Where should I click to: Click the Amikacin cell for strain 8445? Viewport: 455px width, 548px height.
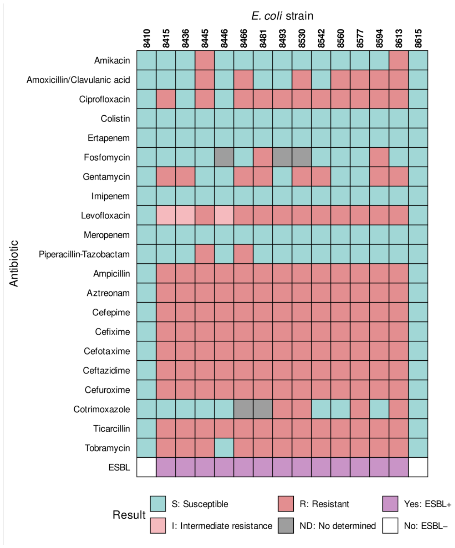(x=205, y=60)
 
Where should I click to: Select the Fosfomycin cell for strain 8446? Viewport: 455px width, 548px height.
(x=224, y=157)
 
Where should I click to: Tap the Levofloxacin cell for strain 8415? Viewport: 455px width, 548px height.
(x=166, y=215)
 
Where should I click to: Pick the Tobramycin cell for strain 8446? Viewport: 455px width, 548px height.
(x=224, y=448)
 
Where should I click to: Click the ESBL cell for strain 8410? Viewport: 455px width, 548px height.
(x=147, y=467)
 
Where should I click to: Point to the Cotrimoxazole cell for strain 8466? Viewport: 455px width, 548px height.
(x=244, y=409)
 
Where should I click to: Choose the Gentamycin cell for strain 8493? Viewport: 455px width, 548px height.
(x=283, y=177)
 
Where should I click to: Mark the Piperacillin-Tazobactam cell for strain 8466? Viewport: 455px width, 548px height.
(x=244, y=254)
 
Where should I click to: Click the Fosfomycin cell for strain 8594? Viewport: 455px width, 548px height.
(x=379, y=157)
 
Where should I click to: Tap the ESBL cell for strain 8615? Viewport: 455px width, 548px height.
(x=418, y=467)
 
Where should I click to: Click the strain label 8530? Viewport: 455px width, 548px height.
(x=302, y=38)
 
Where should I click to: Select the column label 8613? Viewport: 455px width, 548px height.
(x=399, y=38)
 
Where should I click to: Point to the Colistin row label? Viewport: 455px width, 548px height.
(x=115, y=118)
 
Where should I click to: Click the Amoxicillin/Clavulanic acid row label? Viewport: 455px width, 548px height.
(x=78, y=80)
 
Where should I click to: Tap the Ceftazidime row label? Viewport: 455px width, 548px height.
(x=106, y=370)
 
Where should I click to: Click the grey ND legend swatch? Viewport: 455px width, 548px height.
(x=286, y=525)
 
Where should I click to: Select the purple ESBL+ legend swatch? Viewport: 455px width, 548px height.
(x=390, y=504)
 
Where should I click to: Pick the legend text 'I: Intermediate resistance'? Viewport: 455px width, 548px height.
(x=222, y=526)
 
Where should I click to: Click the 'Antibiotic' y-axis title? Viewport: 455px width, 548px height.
(x=13, y=263)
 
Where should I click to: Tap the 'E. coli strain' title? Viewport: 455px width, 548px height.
(x=283, y=16)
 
